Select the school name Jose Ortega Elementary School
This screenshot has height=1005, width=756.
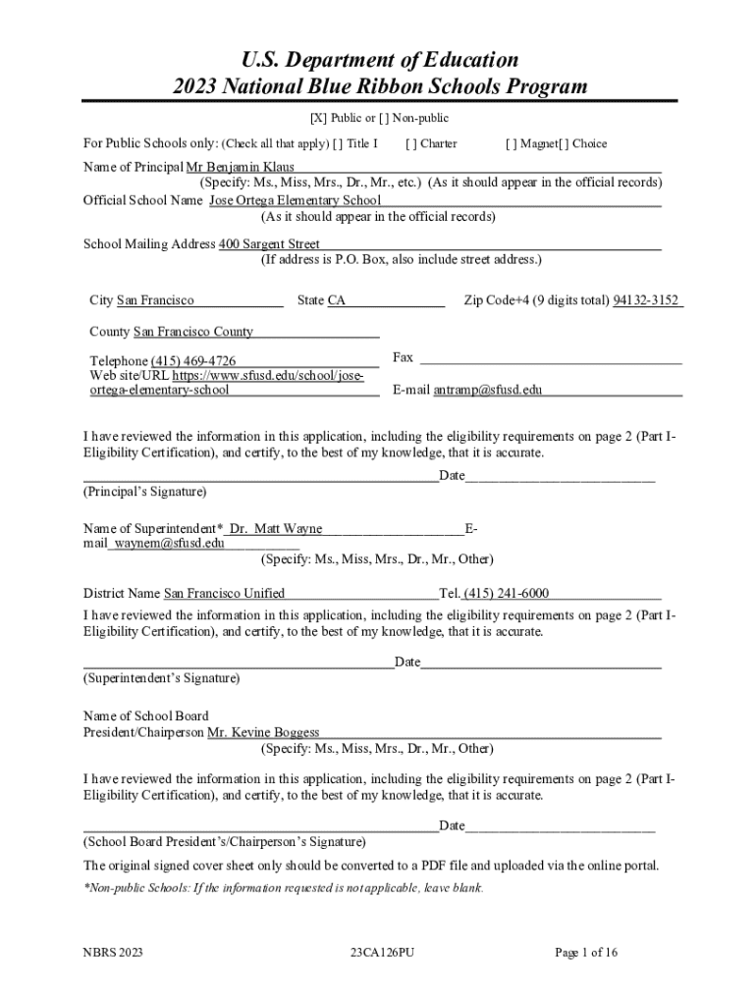[295, 200]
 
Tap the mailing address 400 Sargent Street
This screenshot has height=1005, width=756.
[269, 243]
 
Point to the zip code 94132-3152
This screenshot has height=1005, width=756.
[646, 300]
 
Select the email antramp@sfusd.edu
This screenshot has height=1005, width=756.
[487, 390]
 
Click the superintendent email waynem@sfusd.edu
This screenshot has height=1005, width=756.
[169, 542]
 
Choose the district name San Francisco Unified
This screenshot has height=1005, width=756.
[224, 593]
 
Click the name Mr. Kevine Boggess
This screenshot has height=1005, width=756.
[263, 732]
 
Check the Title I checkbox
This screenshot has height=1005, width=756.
[338, 144]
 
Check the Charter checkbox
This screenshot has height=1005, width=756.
[409, 144]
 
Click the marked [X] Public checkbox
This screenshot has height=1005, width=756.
[318, 119]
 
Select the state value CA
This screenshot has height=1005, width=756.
[337, 300]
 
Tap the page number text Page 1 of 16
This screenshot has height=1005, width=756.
[586, 952]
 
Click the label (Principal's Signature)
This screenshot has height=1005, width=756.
[145, 491]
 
